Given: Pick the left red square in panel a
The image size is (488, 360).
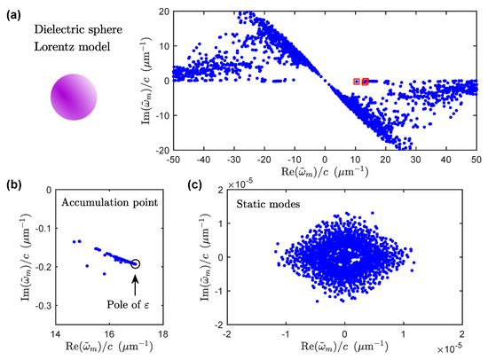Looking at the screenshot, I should click(x=357, y=82).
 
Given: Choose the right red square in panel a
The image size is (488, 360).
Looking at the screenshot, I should click(x=366, y=82).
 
